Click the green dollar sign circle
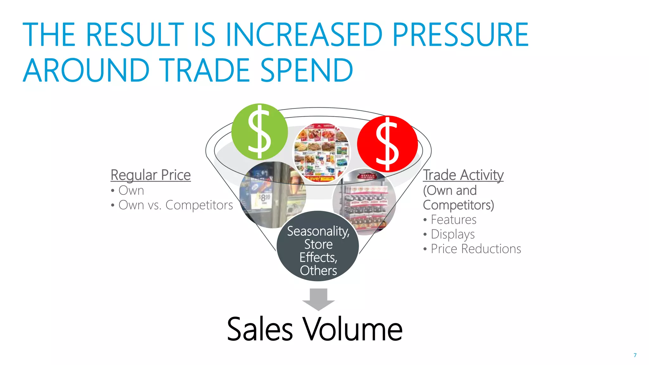click(260, 132)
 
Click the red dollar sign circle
click(387, 144)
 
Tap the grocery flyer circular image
click(321, 152)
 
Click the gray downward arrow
click(318, 299)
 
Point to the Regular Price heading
click(151, 175)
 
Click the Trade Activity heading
click(463, 175)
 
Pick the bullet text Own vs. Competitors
click(176, 205)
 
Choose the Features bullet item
click(453, 220)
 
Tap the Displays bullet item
click(453, 234)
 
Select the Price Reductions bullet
click(476, 249)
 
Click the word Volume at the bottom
click(352, 329)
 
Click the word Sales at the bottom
click(260, 329)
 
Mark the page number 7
click(635, 355)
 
